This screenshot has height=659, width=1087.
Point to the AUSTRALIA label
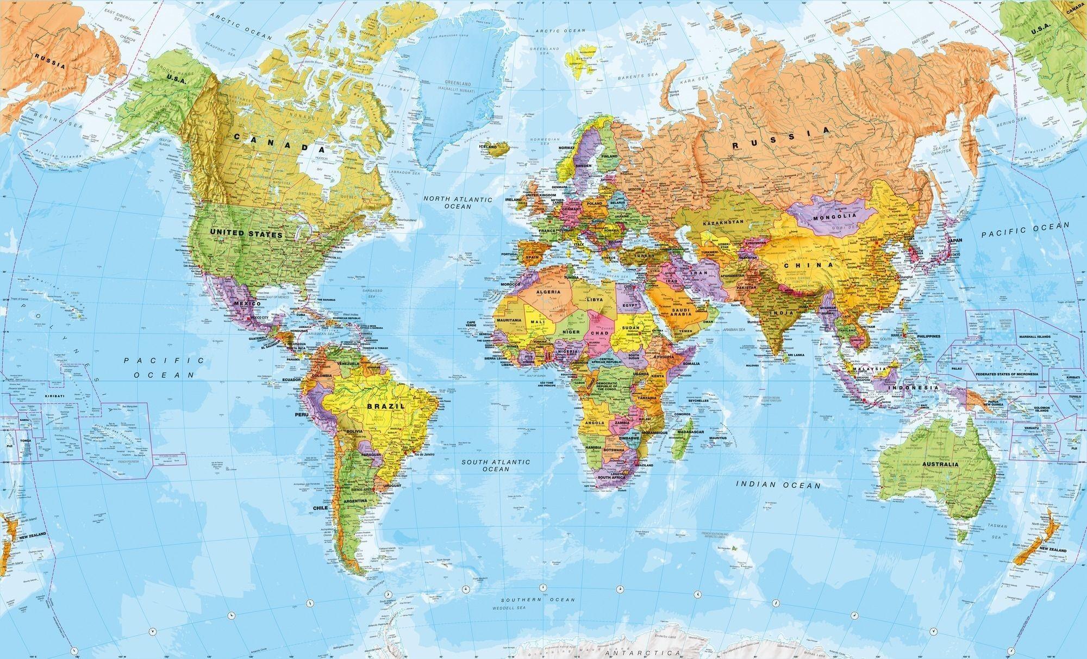pos(940,464)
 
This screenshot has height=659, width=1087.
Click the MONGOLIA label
pos(835,216)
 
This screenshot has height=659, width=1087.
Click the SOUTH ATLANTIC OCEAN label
pos(495,465)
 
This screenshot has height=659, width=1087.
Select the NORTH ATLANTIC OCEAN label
pos(458,203)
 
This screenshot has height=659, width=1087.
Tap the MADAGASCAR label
pos(691,432)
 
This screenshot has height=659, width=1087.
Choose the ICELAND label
pos(488,147)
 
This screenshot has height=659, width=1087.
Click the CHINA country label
pos(808,265)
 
